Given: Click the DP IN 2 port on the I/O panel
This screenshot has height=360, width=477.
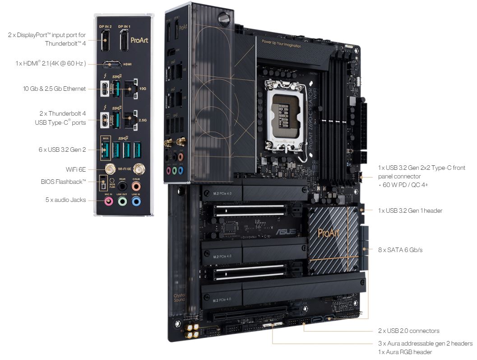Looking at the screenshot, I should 104,42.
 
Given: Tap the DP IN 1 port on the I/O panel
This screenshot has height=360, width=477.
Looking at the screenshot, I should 124,42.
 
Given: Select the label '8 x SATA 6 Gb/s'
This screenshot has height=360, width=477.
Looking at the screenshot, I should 400,250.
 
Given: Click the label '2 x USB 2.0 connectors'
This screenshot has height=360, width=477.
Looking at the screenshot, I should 408,331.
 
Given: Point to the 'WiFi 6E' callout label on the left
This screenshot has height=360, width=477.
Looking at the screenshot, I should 76,169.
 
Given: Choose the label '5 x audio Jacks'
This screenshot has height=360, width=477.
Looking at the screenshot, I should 65,200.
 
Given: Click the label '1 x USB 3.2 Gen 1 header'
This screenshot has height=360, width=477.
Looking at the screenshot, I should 410,210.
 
